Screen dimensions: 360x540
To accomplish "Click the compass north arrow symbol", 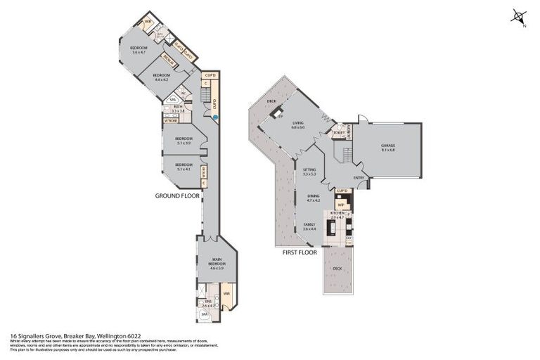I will (x=519, y=17).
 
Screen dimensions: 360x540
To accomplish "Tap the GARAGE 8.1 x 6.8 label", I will (x=388, y=148).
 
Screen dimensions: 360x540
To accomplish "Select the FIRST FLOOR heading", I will (x=300, y=252).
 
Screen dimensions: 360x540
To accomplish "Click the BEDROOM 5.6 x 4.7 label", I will (x=134, y=50).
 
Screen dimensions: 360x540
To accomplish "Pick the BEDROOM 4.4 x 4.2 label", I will (x=162, y=77).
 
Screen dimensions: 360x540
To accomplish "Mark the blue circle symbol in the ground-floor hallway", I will (x=215, y=117).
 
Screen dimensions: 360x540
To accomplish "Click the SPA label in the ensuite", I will (x=205, y=316).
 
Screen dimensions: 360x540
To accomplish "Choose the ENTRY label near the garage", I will (x=359, y=178).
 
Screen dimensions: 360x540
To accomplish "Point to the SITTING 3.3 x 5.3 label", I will (x=310, y=172).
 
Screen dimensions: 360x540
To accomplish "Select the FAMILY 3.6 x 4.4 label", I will (x=309, y=227).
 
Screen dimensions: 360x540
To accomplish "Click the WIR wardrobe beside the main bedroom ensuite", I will (x=226, y=294).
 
